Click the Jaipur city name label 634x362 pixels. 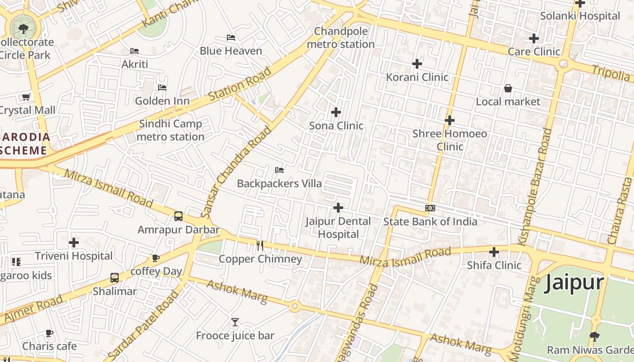click(574, 283)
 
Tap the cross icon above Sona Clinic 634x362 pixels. click(336, 112)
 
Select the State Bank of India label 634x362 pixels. click(430, 222)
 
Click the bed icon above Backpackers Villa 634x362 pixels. click(279, 170)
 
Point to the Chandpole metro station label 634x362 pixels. click(341, 38)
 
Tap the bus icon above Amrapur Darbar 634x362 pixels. click(178, 216)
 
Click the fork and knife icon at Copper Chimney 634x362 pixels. click(260, 246)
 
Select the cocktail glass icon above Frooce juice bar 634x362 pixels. click(235, 322)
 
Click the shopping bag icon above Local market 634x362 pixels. click(508, 88)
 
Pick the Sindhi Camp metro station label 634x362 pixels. click(170, 130)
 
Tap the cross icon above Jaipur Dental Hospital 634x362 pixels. click(338, 208)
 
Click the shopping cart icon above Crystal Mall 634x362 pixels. click(26, 97)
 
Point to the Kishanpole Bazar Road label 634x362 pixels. click(538, 187)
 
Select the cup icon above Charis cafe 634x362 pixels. click(49, 333)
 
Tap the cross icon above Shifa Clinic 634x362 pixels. click(494, 252)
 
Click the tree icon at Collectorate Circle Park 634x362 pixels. click(23, 29)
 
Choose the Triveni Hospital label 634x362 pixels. click(73, 256)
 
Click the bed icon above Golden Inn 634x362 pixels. click(162, 87)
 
